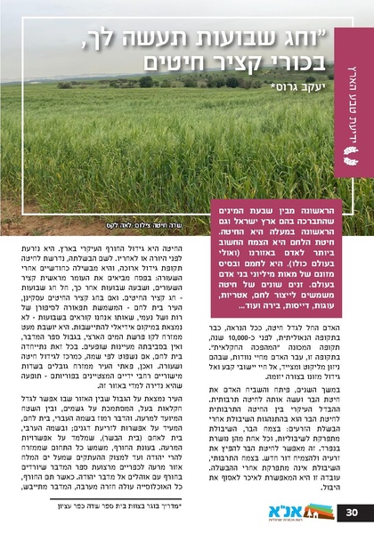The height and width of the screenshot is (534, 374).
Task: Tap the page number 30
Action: [x=352, y=513]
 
